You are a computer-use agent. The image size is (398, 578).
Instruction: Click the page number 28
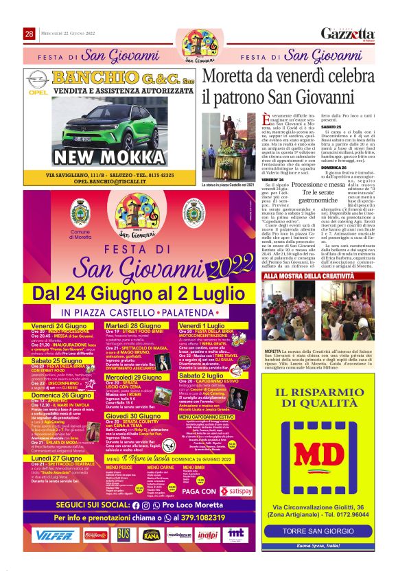click(30, 34)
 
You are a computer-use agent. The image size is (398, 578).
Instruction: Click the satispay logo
click(235, 492)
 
